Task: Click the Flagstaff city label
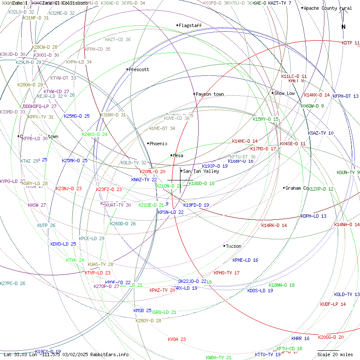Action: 190,25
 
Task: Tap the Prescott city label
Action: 138,69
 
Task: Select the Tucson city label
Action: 233,246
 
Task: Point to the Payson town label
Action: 210,94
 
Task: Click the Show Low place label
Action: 284,93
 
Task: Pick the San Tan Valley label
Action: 201,171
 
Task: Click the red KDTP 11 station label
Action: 351,43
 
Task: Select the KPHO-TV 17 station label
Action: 227,273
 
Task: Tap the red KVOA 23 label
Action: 177,339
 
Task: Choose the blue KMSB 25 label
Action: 142,310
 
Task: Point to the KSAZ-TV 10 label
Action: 321,133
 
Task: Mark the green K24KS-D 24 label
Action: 94,134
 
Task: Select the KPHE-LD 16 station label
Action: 245,260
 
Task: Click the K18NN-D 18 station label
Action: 282,285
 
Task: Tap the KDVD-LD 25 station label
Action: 63,244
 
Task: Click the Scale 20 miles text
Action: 335,354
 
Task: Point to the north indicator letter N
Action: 343,27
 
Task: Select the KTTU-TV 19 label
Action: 268,354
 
